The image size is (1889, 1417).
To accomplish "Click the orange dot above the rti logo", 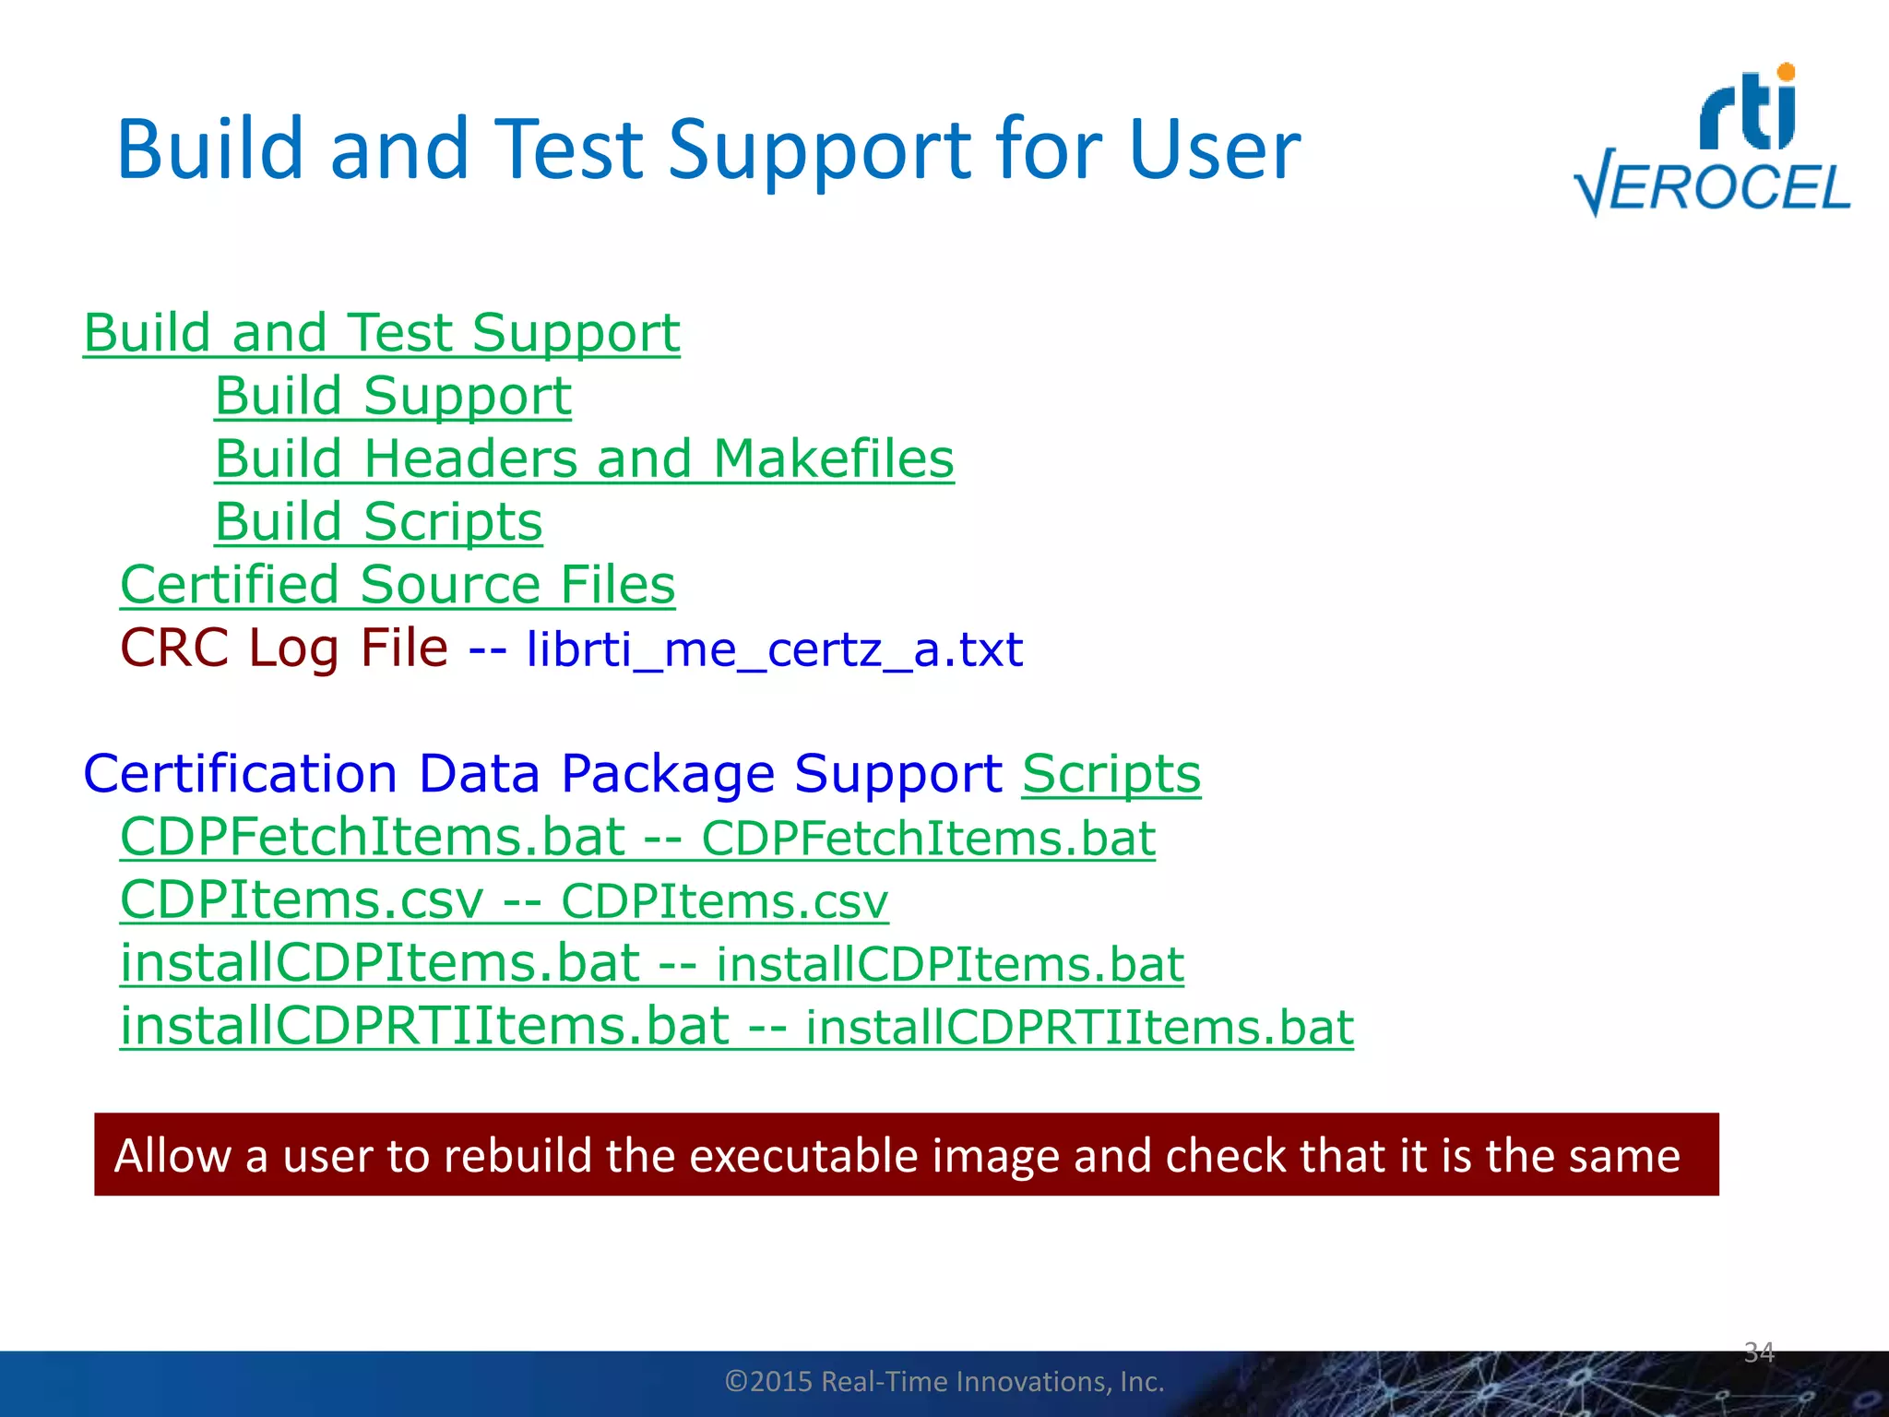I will coord(1786,72).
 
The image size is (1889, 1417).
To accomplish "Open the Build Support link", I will coord(393,397).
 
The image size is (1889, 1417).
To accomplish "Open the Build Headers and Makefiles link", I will coord(584,459).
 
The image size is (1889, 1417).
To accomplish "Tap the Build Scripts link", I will coord(378,522).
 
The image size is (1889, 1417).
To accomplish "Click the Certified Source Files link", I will coord(398,586).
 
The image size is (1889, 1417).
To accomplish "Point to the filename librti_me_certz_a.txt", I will coord(774,649).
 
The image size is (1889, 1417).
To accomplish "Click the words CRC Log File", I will coord(284,648).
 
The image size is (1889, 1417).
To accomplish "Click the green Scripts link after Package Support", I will coord(1111,773).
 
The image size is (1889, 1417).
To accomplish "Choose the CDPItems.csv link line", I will coord(504,900).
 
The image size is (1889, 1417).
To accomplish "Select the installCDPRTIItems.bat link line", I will coord(736,1027).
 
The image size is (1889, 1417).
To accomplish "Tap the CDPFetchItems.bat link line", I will coord(636,838).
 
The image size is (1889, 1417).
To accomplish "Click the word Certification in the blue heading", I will coord(240,773).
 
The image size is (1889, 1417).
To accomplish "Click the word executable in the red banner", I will coord(802,1155).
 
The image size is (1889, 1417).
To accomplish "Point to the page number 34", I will coord(1759,1352).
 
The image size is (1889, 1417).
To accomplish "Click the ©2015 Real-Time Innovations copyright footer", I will coord(944,1381).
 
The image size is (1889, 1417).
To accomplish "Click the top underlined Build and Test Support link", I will coord(381,333).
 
